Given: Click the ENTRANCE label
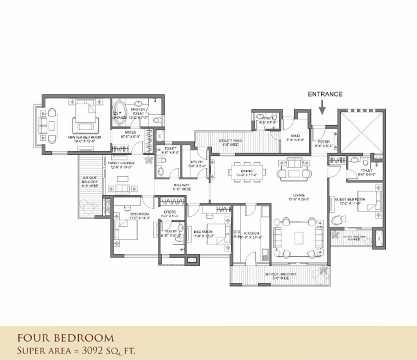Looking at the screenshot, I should pyautogui.click(x=325, y=94).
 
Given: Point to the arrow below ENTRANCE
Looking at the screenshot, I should pyautogui.click(x=322, y=109).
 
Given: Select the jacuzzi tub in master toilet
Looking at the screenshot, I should pyautogui.click(x=120, y=110).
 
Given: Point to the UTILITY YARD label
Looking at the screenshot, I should pyautogui.click(x=229, y=141).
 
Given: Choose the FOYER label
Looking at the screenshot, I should pyautogui.click(x=323, y=142).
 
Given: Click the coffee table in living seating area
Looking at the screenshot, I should pyautogui.click(x=299, y=237).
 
